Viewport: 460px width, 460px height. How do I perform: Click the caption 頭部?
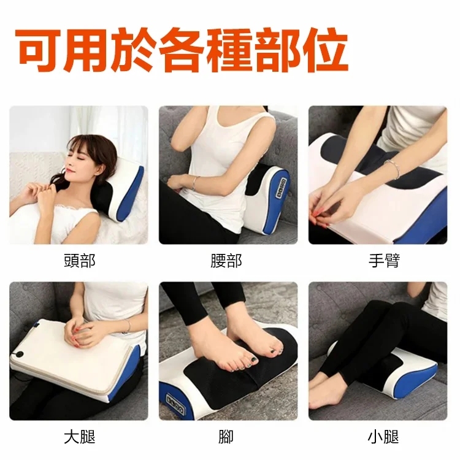pos(79,261)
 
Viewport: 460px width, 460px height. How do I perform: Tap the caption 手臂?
pos(384,261)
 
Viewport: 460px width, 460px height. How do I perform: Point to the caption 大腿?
pos(79,437)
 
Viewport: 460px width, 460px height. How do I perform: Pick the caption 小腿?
pos(384,437)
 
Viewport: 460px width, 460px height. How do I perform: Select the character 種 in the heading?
pos(212,49)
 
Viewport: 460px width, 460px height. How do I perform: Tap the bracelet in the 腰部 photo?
pos(196,182)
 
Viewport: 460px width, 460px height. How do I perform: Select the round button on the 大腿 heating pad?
pos(20,355)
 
